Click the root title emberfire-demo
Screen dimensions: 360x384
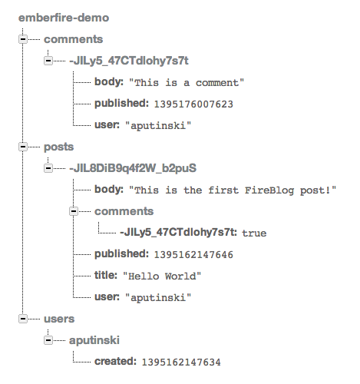click(x=64, y=18)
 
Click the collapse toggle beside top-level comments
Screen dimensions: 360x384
click(x=23, y=39)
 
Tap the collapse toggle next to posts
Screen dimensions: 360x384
click(x=23, y=147)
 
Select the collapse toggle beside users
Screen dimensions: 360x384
click(x=23, y=319)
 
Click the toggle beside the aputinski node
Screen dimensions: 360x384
click(x=48, y=340)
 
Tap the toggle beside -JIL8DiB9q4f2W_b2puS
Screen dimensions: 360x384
click(x=48, y=168)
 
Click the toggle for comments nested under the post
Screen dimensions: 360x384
click(x=74, y=211)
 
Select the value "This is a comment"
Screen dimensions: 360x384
click(x=187, y=83)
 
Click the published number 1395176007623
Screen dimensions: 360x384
click(x=193, y=104)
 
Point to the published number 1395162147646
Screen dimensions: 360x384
click(x=193, y=255)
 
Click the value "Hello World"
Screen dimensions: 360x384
click(x=162, y=276)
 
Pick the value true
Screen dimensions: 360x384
click(x=254, y=233)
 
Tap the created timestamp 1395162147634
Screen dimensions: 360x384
click(x=181, y=362)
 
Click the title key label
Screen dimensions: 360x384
click(x=106, y=275)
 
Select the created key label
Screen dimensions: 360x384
click(x=115, y=361)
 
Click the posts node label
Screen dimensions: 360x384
click(x=58, y=147)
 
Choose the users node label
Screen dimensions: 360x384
click(x=59, y=319)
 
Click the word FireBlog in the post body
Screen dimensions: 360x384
click(x=269, y=190)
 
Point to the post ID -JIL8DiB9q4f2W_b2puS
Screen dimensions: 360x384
click(x=133, y=168)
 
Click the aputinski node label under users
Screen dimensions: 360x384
click(x=94, y=340)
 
